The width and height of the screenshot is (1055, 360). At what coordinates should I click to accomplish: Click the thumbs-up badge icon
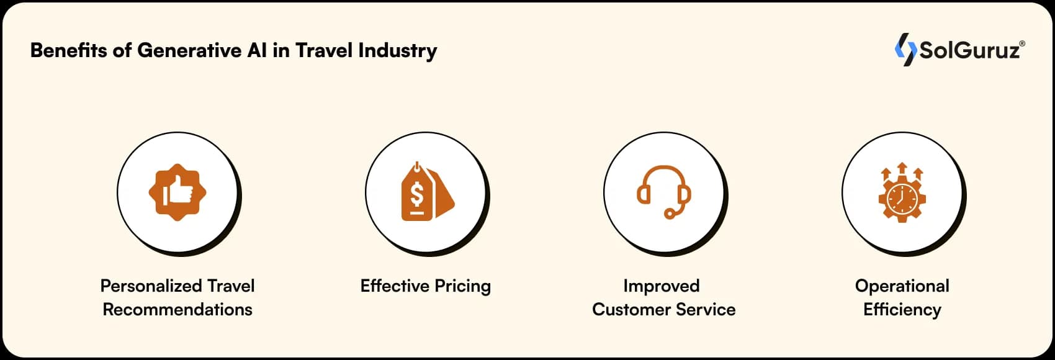pyautogui.click(x=177, y=192)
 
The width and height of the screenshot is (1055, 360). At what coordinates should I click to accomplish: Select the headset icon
pyautogui.click(x=664, y=192)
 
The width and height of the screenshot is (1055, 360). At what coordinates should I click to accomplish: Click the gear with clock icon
pyautogui.click(x=902, y=192)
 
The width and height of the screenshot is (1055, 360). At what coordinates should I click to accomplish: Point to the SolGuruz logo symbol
pyautogui.click(x=905, y=50)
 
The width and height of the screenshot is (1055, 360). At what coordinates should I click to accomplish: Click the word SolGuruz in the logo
pyautogui.click(x=969, y=50)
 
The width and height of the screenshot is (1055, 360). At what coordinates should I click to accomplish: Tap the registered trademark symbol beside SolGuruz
pyautogui.click(x=1022, y=43)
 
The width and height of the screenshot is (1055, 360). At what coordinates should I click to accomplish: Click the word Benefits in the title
pyautogui.click(x=69, y=50)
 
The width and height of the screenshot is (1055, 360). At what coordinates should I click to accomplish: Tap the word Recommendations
pyautogui.click(x=177, y=310)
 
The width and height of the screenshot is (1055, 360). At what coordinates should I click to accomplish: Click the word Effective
pyautogui.click(x=395, y=286)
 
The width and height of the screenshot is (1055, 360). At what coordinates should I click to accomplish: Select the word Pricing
pyautogui.click(x=462, y=287)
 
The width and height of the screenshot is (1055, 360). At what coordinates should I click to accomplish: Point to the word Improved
pyautogui.click(x=662, y=287)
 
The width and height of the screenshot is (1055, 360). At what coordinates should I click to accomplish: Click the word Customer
pyautogui.click(x=632, y=310)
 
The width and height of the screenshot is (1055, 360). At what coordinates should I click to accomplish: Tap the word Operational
pyautogui.click(x=902, y=287)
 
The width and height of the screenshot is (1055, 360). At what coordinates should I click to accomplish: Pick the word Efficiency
pyautogui.click(x=902, y=310)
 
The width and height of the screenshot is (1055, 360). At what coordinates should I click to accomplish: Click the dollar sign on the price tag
pyautogui.click(x=417, y=195)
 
